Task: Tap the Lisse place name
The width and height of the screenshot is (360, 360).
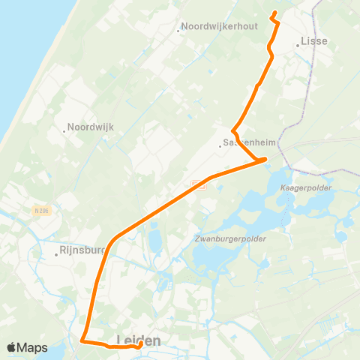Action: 314,41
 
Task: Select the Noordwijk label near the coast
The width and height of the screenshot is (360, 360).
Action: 91,127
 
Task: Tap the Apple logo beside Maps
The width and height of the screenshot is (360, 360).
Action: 11,347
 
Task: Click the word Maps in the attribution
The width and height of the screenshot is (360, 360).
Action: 32,347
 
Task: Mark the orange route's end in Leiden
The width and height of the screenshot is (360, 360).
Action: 139,346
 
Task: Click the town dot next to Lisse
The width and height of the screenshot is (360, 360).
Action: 298,45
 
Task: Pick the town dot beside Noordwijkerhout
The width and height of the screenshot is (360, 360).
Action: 178,31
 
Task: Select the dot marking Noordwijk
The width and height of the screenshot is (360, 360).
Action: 65,131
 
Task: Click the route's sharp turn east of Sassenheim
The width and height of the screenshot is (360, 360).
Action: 265,159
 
